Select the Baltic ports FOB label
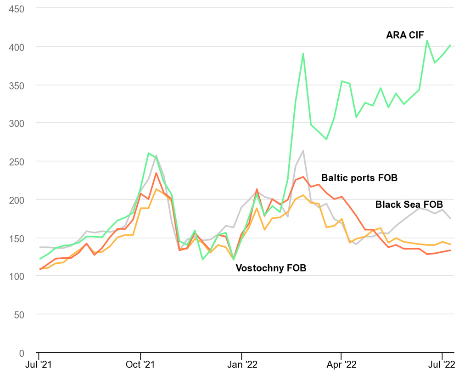(x=359, y=177)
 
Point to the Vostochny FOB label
(x=271, y=268)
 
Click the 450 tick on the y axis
(x=17, y=9)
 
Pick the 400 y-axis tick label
(x=17, y=47)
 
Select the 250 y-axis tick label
(x=17, y=161)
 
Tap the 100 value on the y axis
(x=17, y=276)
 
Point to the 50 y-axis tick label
(x=19, y=315)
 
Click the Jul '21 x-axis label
(x=39, y=365)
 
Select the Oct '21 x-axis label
(x=140, y=365)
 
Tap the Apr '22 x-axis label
(x=341, y=365)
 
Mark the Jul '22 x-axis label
(x=442, y=365)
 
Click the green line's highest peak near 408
(x=427, y=40)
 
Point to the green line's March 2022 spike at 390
(x=303, y=54)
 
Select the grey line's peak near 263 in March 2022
(x=303, y=151)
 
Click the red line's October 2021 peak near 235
(x=156, y=173)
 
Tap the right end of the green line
(x=450, y=45)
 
